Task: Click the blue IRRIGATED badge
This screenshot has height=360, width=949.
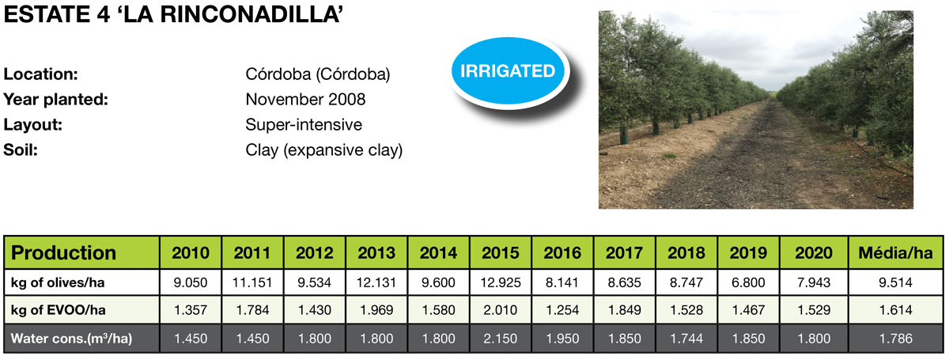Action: pyautogui.click(x=508, y=70)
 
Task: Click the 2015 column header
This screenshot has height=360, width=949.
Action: pyautogui.click(x=501, y=253)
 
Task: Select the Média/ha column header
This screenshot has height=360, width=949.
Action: pyautogui.click(x=895, y=253)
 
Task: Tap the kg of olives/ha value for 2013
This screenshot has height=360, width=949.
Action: pyautogui.click(x=376, y=282)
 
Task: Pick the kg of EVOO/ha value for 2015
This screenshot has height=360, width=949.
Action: pyautogui.click(x=501, y=310)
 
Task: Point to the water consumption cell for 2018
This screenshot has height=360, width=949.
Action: pyautogui.click(x=686, y=339)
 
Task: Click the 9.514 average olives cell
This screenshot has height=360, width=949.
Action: pyautogui.click(x=895, y=282)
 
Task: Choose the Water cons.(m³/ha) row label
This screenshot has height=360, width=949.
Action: pyautogui.click(x=72, y=339)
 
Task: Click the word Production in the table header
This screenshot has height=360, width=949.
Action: pyautogui.click(x=63, y=252)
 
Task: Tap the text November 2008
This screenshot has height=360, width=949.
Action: pyautogui.click(x=305, y=100)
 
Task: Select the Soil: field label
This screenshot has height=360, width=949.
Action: pyautogui.click(x=21, y=150)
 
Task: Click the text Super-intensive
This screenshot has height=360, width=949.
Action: pyautogui.click(x=304, y=125)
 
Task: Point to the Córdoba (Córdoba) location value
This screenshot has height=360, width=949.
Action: pyautogui.click(x=318, y=74)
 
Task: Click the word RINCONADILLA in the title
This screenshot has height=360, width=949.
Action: pyautogui.click(x=251, y=15)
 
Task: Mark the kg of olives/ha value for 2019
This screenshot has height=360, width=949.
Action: pyautogui.click(x=748, y=282)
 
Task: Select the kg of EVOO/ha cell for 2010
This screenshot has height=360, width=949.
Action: pyautogui.click(x=191, y=310)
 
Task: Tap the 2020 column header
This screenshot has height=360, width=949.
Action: pyautogui.click(x=814, y=253)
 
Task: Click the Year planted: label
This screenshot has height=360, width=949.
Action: pyautogui.click(x=56, y=100)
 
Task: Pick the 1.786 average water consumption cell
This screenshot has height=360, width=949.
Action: pyautogui.click(x=895, y=339)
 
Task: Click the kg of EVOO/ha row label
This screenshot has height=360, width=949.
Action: pyautogui.click(x=58, y=310)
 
